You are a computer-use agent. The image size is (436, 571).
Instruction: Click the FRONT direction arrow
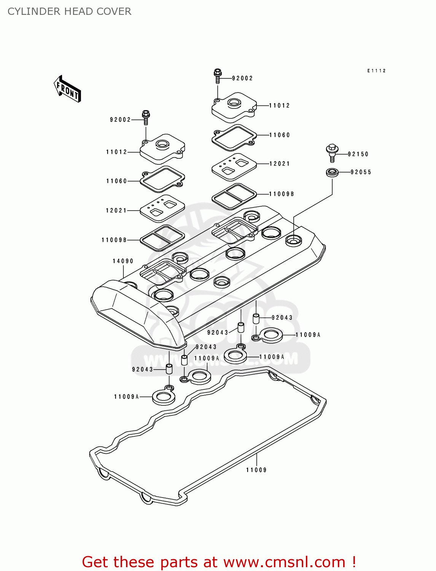coord(67,89)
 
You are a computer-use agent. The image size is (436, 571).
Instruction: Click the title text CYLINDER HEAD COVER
coord(69,11)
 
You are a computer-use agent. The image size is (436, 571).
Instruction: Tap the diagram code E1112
coord(376,71)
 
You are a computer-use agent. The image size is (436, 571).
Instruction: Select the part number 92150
coord(358,154)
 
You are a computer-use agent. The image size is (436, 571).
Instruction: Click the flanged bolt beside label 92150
coord(332,152)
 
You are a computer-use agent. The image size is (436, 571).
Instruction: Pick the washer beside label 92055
coord(333,172)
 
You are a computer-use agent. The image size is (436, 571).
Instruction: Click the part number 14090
coord(123,261)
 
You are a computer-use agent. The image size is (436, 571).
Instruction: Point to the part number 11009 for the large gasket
coord(256,470)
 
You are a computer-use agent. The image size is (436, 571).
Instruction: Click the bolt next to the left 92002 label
coord(146,117)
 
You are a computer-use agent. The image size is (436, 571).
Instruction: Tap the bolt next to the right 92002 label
coord(218,76)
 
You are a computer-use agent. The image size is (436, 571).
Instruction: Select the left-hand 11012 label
coord(116,152)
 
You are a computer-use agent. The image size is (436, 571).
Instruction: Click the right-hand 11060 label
coord(279,135)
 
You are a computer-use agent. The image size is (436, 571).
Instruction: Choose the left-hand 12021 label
coord(116,211)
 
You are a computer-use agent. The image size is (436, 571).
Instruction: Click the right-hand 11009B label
coord(282,194)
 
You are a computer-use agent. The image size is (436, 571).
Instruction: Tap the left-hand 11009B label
coord(114,240)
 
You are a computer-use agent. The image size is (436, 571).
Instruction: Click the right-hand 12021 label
coord(279,164)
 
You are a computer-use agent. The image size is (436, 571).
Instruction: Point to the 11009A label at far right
coord(308,335)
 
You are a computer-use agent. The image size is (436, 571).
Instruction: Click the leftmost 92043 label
coord(142,369)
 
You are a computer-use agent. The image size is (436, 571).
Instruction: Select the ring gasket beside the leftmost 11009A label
coord(164,397)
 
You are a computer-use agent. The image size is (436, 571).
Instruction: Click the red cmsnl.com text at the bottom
coord(219,562)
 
